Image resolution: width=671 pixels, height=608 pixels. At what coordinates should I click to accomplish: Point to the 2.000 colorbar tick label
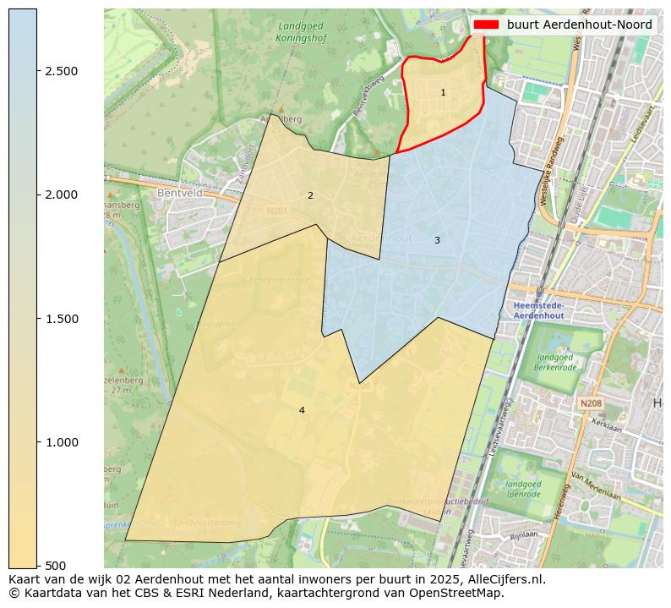coord(61,194)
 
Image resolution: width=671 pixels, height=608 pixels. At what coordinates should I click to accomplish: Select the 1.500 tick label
coord(61,319)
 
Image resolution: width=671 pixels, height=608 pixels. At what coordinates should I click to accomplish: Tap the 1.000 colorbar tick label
coord(61,442)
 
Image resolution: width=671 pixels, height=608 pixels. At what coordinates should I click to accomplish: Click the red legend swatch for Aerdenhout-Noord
coord(486,25)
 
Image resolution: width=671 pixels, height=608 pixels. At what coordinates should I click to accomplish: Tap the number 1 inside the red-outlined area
coord(443,92)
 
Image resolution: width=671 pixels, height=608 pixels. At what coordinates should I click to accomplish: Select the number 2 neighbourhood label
coord(310,195)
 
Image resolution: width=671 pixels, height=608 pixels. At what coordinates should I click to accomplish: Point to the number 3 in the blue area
coord(437,240)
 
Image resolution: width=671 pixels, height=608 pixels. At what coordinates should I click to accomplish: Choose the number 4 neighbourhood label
coord(302,410)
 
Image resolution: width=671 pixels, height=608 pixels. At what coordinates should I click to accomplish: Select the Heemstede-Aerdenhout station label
coord(539,310)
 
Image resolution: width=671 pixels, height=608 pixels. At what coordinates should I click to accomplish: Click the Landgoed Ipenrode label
coord(523,489)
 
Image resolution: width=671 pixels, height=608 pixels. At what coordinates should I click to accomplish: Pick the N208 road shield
coord(591,404)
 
